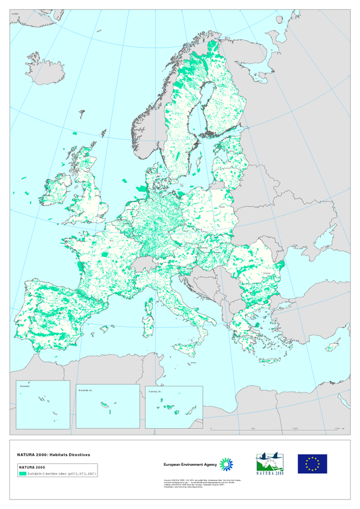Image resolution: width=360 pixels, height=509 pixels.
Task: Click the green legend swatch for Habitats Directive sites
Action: point(22,474)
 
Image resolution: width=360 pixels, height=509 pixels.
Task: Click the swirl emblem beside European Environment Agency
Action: point(226,463)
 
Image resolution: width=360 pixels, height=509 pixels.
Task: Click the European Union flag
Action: point(312,463)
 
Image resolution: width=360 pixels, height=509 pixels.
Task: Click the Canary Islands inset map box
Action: point(174,406)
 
